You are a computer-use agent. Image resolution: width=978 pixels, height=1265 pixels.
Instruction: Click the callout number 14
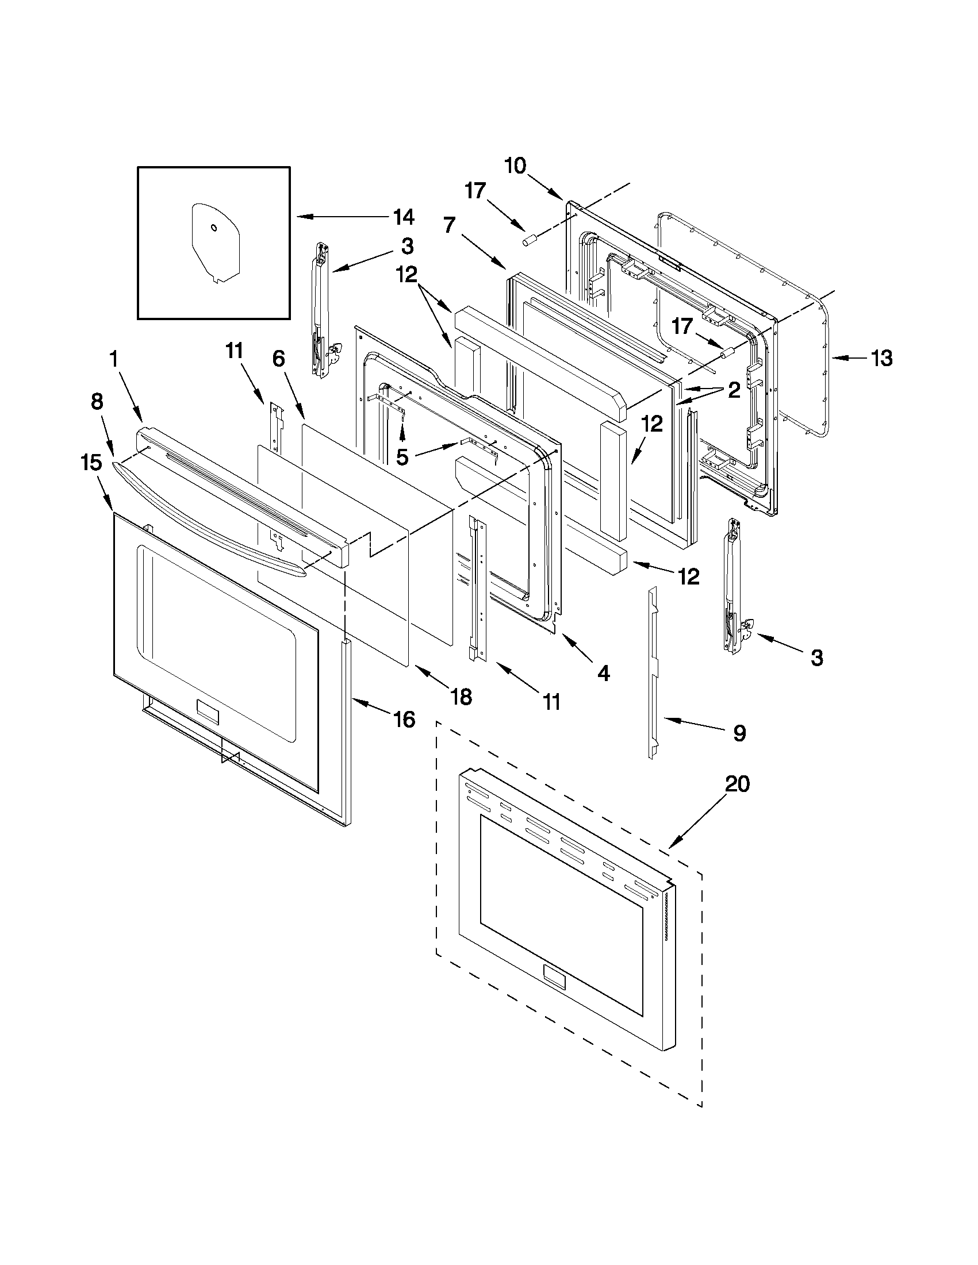[x=403, y=217]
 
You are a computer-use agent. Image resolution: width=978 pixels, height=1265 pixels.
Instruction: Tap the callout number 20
[x=737, y=785]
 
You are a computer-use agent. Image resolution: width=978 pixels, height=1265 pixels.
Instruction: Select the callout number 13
[x=881, y=359]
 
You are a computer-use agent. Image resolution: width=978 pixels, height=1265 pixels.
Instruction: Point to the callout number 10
[x=515, y=166]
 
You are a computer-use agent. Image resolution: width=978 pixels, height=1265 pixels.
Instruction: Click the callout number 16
[x=404, y=720]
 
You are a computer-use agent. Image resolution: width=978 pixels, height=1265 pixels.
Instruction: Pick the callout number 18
[x=461, y=697]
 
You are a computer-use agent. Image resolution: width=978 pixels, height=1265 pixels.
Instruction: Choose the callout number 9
[x=739, y=733]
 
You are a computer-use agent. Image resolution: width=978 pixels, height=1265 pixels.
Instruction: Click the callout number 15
[x=91, y=463]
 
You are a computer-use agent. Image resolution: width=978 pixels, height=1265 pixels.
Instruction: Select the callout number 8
[x=97, y=401]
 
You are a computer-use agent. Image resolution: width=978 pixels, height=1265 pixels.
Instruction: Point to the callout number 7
[x=450, y=225]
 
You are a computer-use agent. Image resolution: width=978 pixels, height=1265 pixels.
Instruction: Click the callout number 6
[x=278, y=359]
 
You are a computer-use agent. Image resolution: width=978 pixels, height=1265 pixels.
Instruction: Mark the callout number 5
[x=402, y=457]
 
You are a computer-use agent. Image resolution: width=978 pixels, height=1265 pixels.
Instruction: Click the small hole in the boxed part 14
[x=213, y=228]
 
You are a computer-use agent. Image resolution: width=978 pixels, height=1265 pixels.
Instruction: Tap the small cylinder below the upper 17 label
[x=528, y=240]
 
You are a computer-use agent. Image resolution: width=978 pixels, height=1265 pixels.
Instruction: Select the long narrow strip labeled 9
[x=653, y=672]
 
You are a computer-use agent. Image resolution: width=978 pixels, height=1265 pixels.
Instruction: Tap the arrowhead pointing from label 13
[x=838, y=359]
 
